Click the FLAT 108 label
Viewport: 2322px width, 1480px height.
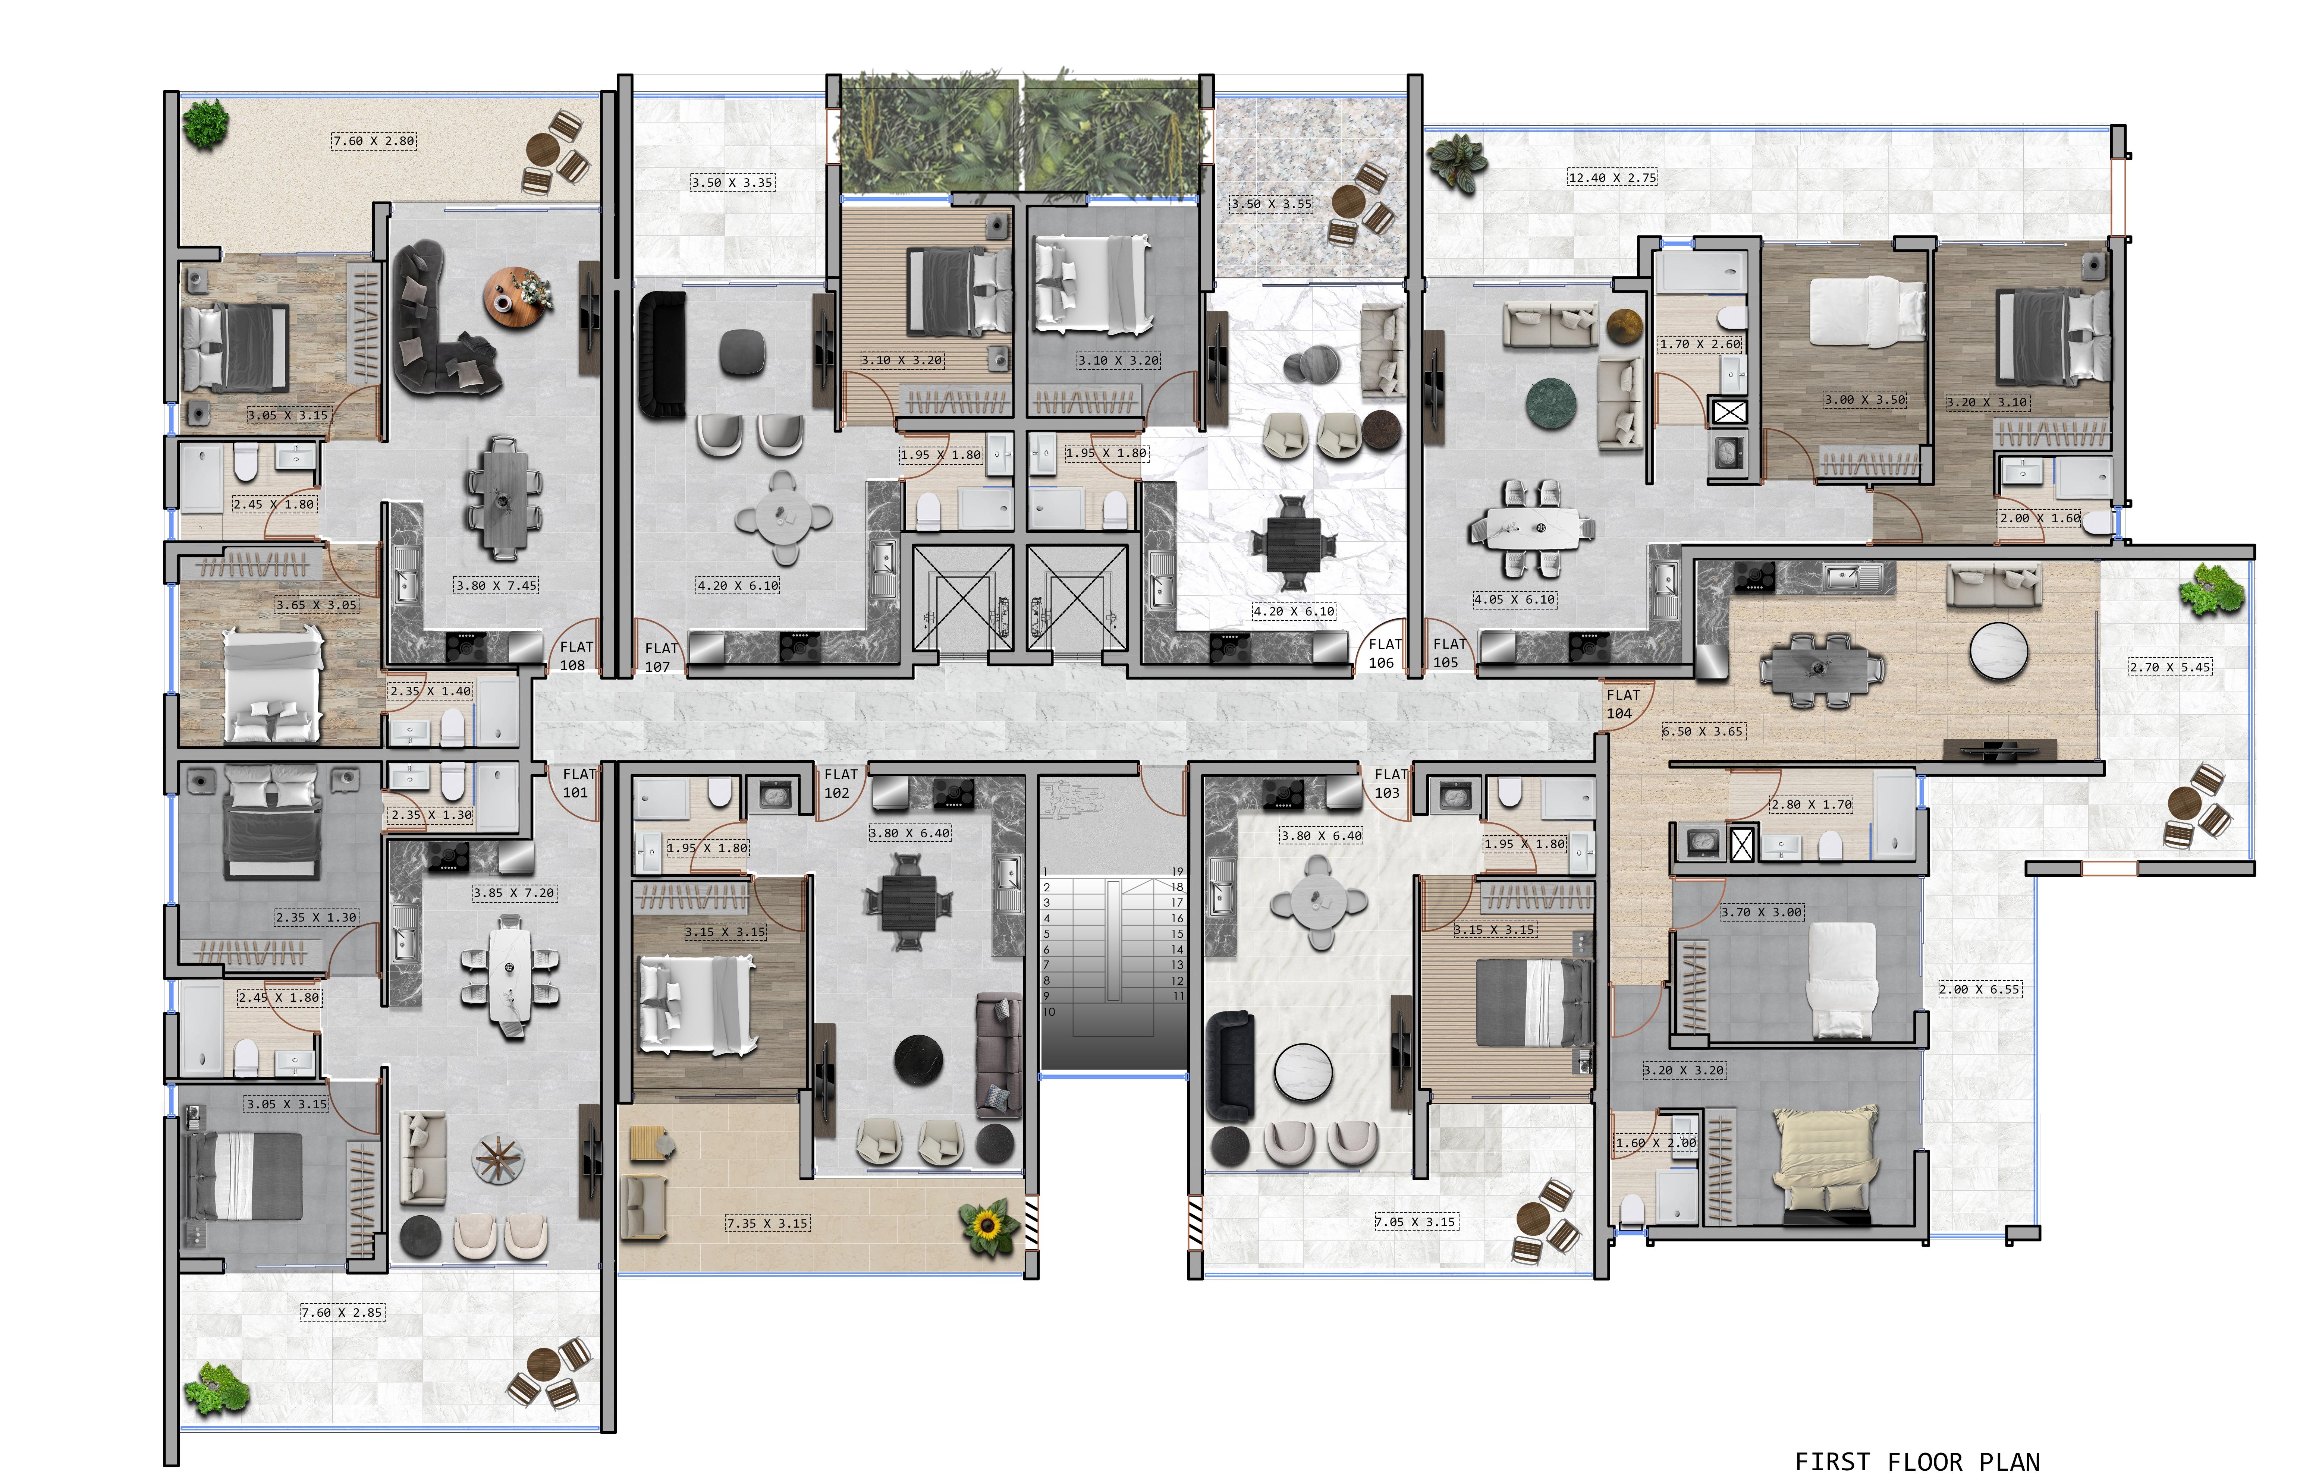click(x=576, y=656)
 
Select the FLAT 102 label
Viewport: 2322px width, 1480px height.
click(x=839, y=783)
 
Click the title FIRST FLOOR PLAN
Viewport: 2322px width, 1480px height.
click(x=1916, y=1462)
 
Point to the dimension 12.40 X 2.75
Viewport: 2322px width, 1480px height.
click(x=1611, y=177)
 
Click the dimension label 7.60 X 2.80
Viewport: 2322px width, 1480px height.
click(x=374, y=141)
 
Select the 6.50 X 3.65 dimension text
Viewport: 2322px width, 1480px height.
click(x=1703, y=731)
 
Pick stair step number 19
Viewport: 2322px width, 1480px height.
click(x=1176, y=870)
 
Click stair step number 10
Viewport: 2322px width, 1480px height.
click(x=1049, y=1011)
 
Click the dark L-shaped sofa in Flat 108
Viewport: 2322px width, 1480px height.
click(x=439, y=323)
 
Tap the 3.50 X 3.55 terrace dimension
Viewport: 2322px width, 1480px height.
click(x=1271, y=204)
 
